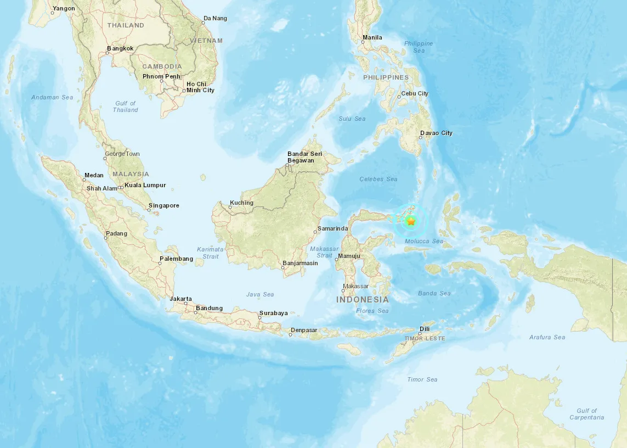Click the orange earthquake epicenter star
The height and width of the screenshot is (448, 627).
tap(411, 221)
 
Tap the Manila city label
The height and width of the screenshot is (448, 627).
tap(372, 38)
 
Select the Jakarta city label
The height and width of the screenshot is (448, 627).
tap(181, 299)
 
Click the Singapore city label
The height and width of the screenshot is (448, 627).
tap(164, 206)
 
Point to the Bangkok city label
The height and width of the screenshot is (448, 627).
tap(120, 49)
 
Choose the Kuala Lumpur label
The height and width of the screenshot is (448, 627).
tap(145, 186)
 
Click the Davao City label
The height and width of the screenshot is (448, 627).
tap(436, 133)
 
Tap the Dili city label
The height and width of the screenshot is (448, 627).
tap(425, 329)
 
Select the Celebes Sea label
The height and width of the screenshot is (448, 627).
tap(379, 180)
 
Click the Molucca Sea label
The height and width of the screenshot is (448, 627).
tap(423, 242)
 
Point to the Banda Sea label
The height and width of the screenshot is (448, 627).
tap(434, 294)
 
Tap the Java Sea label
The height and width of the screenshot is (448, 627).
tap(260, 295)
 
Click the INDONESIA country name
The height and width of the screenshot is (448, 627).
tap(363, 300)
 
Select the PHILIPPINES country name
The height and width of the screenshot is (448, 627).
tap(386, 78)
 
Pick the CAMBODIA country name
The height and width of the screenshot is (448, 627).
tap(162, 66)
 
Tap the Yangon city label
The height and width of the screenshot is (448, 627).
tap(64, 9)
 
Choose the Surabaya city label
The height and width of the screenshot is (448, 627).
tap(274, 313)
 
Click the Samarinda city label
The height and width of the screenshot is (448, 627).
tap(334, 228)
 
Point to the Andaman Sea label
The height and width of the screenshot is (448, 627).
tap(52, 98)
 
